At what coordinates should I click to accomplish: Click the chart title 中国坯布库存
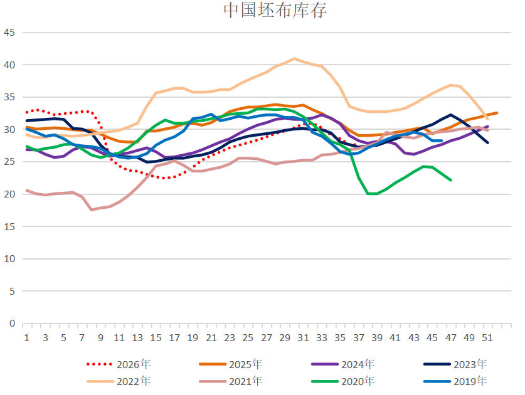click(x=275, y=10)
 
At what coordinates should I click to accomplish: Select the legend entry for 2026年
click(x=119, y=364)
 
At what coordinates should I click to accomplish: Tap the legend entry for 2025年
click(x=231, y=364)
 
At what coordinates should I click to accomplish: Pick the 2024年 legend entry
click(x=343, y=364)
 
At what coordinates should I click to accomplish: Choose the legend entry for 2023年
click(x=455, y=364)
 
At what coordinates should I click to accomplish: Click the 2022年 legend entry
click(x=119, y=381)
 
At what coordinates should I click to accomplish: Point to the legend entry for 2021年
click(x=231, y=381)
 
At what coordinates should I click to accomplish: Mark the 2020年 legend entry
click(x=343, y=381)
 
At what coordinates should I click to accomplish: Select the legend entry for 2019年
click(x=455, y=381)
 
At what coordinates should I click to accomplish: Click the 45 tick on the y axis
click(x=9, y=33)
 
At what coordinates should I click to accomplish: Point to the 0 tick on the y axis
click(x=12, y=324)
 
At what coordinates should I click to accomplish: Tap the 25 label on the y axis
click(x=9, y=162)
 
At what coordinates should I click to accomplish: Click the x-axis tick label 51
click(x=487, y=338)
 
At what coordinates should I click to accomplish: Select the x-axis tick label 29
click(x=285, y=338)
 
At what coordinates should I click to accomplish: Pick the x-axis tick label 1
click(x=27, y=338)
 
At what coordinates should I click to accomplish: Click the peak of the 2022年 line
click(x=294, y=58)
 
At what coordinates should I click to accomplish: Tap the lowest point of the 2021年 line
click(x=92, y=209)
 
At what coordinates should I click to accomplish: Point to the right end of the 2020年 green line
click(x=450, y=180)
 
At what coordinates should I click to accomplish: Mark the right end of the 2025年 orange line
click(x=497, y=113)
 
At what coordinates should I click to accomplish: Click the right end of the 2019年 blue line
click(x=442, y=140)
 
